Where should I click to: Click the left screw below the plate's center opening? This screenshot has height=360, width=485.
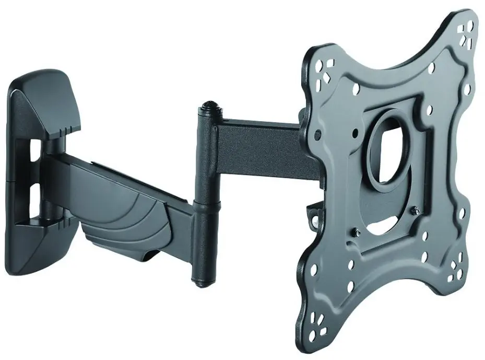pyautogui.click(x=357, y=232)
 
